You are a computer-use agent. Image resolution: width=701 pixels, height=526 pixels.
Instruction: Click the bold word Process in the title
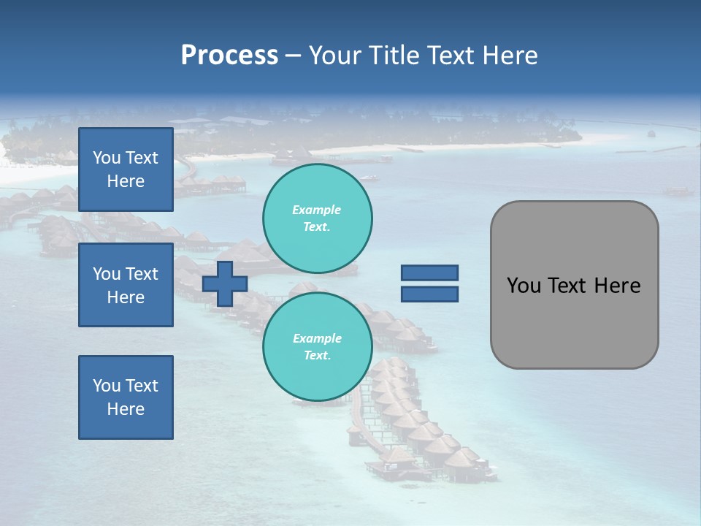tap(229, 56)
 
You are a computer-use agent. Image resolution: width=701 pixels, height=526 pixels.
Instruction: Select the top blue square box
tap(126, 169)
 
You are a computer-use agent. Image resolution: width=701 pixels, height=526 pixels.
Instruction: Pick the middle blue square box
tap(126, 285)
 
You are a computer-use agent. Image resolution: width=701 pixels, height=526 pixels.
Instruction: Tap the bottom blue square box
tap(126, 397)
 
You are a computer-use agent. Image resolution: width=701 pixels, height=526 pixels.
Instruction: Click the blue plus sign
tap(225, 283)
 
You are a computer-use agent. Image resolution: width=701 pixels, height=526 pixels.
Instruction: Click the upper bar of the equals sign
tap(429, 272)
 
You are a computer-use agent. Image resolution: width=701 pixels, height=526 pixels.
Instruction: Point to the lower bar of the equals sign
tap(429, 294)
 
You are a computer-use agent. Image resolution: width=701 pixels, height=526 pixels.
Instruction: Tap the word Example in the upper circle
tap(317, 210)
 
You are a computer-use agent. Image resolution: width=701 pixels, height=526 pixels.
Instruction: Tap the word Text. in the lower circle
tap(317, 356)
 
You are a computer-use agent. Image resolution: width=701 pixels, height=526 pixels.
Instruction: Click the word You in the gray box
tap(523, 286)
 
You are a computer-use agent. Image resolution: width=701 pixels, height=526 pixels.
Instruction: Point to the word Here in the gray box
tap(617, 286)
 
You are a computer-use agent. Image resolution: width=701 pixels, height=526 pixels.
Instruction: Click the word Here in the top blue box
tap(126, 181)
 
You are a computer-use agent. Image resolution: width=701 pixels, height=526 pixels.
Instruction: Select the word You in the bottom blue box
tap(106, 386)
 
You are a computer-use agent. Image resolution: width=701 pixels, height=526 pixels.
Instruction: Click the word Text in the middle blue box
tap(141, 274)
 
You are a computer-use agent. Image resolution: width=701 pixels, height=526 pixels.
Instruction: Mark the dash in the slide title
tap(293, 56)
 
